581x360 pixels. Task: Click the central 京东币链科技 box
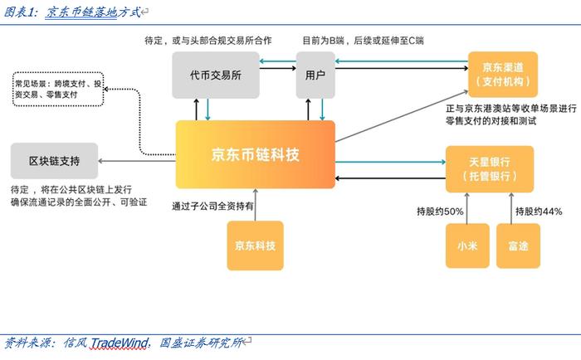click(x=256, y=154)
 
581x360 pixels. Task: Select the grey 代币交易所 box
click(x=216, y=75)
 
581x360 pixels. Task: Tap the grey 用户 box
click(x=315, y=75)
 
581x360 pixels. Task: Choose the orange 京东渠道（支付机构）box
click(x=503, y=75)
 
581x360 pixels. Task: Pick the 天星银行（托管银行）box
click(x=490, y=169)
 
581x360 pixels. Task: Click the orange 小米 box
click(x=467, y=246)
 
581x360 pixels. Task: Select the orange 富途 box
click(x=518, y=246)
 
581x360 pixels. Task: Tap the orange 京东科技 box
click(x=256, y=246)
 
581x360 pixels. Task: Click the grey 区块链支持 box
click(x=55, y=161)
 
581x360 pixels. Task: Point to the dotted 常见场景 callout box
click(x=58, y=90)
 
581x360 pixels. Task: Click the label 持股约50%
click(x=440, y=212)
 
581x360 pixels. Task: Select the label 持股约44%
click(x=539, y=212)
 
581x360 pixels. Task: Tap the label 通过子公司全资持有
click(x=212, y=207)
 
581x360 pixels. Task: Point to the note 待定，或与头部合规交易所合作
click(x=208, y=41)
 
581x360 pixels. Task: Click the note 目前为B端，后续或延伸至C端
click(x=364, y=41)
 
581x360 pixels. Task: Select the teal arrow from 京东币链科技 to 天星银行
click(x=391, y=162)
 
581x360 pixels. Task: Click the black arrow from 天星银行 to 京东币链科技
click(x=391, y=178)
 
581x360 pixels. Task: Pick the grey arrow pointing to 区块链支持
click(x=137, y=161)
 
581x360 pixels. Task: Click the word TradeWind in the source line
click(x=120, y=343)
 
